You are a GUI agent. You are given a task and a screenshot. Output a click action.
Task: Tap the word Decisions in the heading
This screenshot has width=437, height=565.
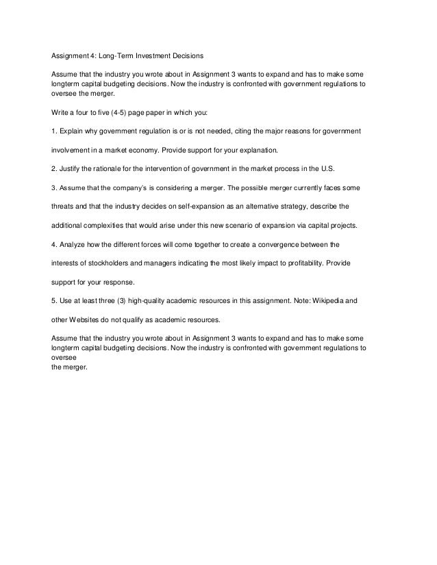tap(189, 55)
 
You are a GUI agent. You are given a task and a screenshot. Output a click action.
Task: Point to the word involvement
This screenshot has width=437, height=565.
tap(73, 148)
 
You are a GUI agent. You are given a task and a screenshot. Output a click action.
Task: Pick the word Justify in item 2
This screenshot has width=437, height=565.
tap(71, 168)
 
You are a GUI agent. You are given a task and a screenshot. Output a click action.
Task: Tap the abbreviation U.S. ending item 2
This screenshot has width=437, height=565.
tap(327, 168)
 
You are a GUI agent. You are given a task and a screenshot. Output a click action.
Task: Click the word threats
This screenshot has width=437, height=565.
tap(63, 205)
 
